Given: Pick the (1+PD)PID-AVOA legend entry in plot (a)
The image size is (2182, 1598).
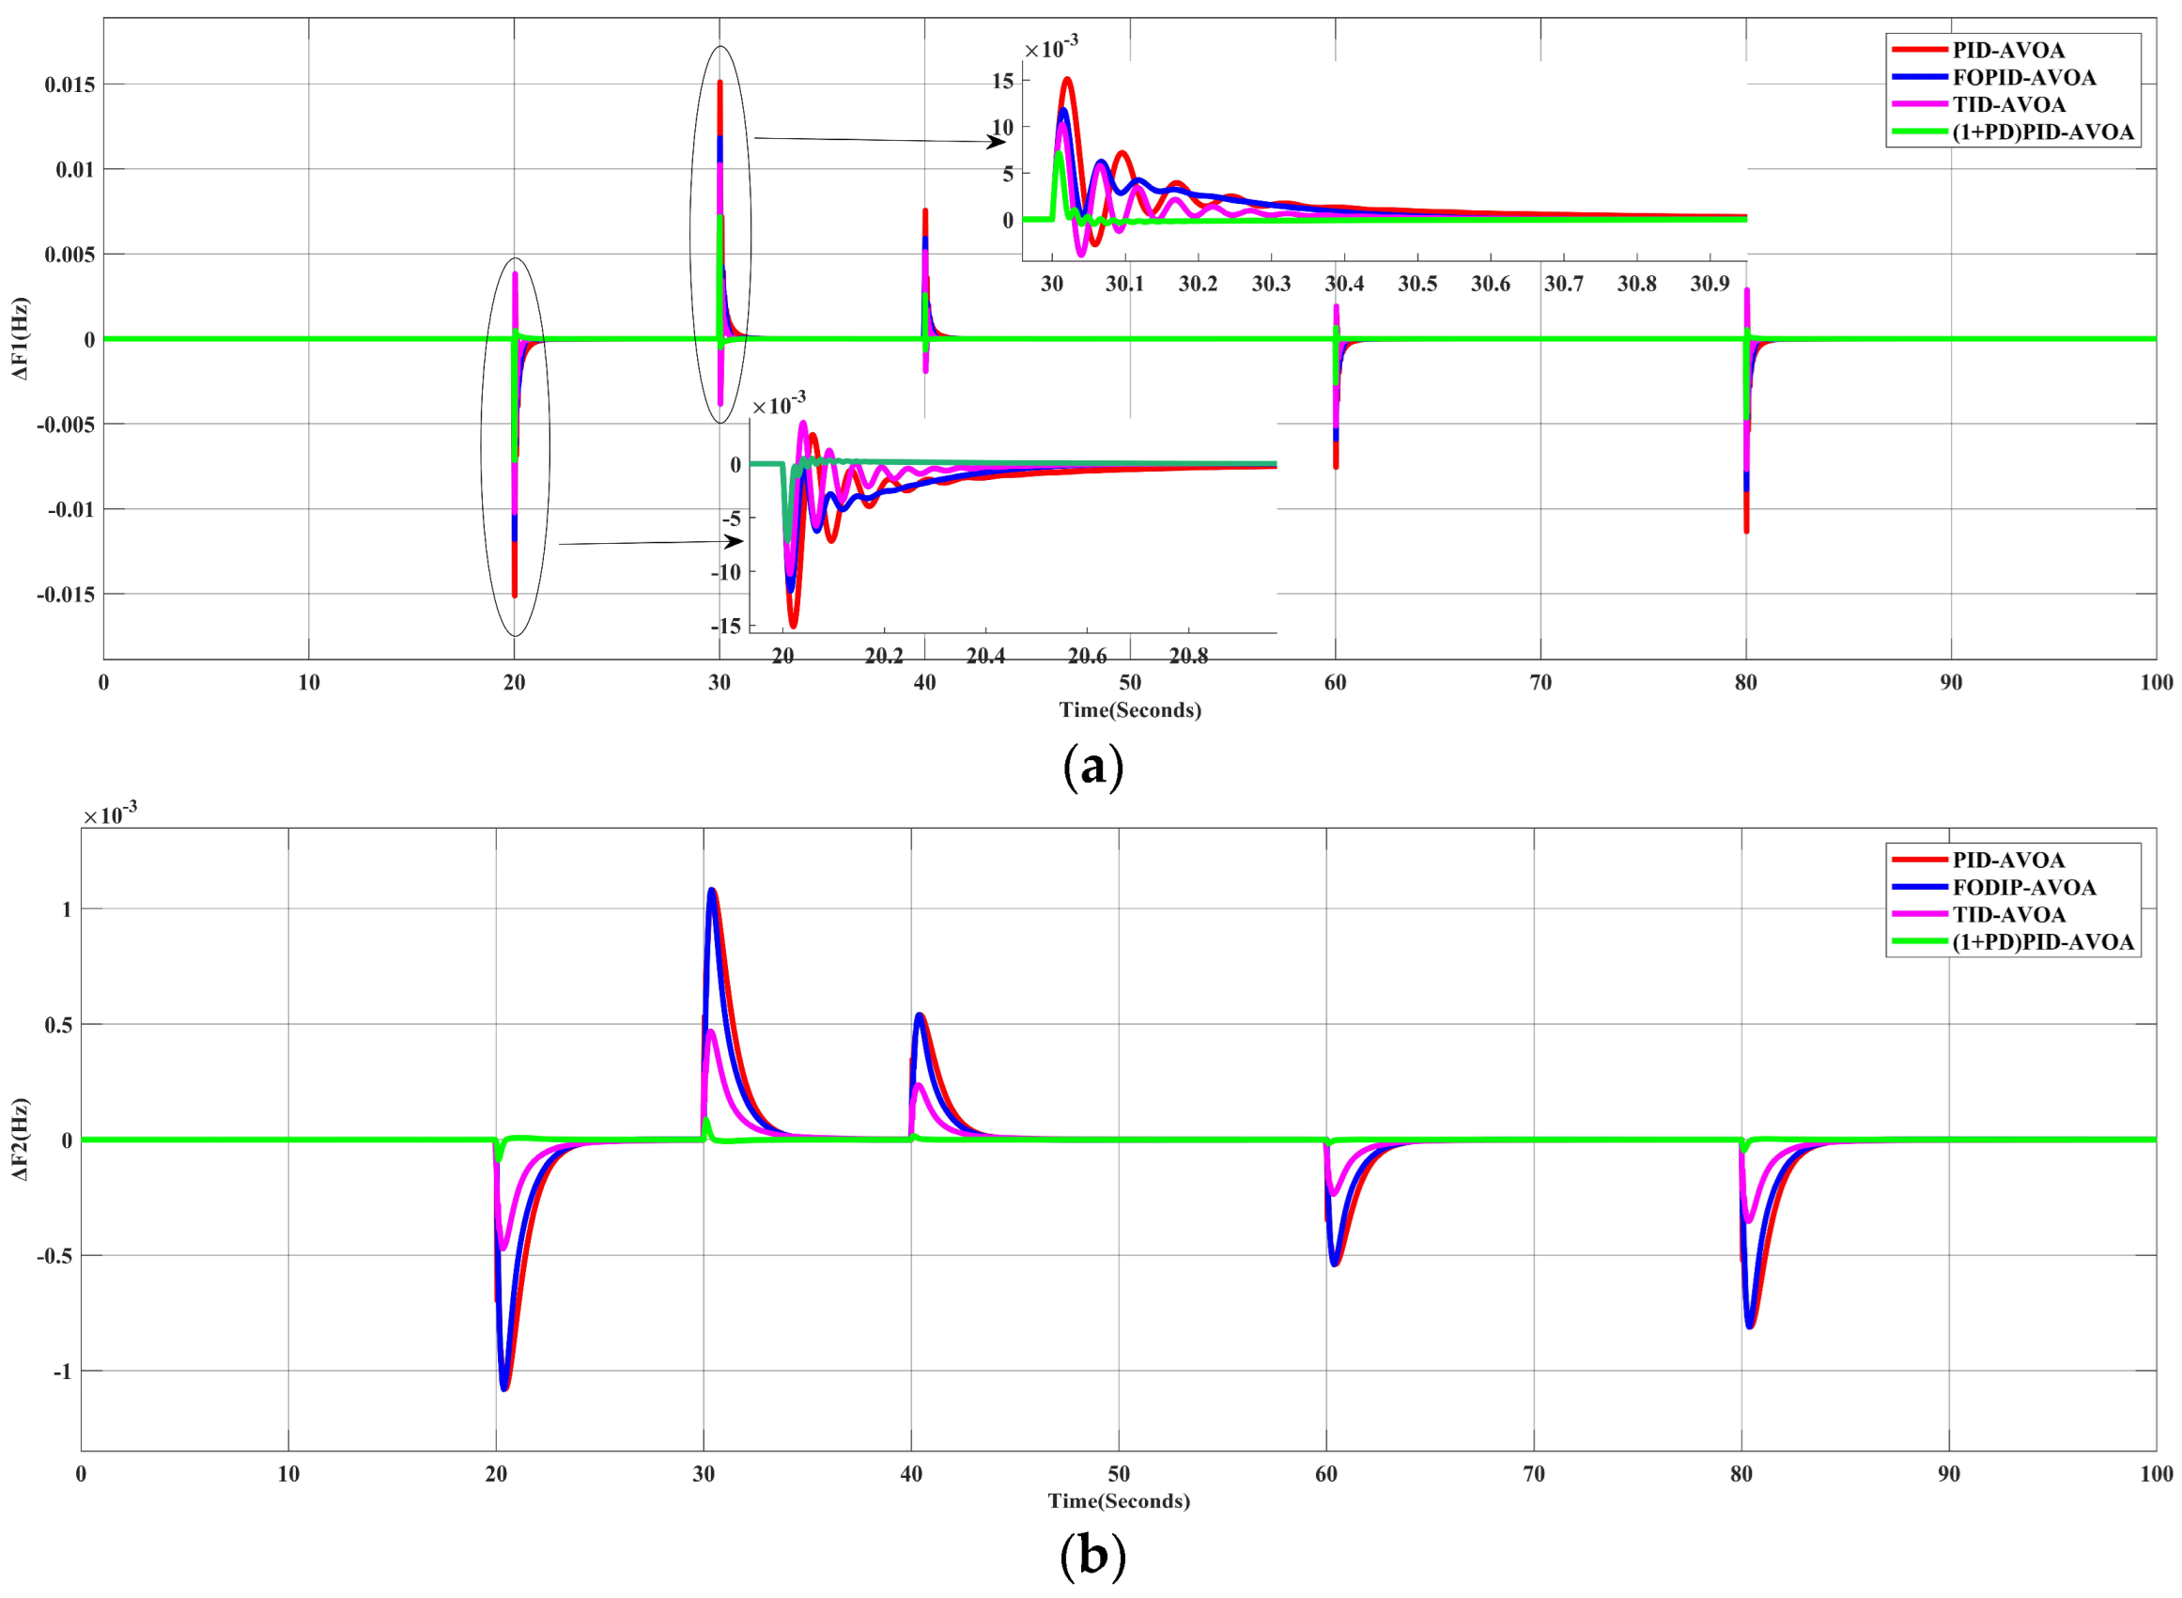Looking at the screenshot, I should pos(2041,132).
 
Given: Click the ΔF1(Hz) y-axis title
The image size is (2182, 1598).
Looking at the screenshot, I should pos(21,338).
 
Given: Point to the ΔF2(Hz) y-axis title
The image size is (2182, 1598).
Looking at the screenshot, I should pos(21,1140).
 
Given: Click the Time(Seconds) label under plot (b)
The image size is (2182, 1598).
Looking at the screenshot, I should pos(1118,1500).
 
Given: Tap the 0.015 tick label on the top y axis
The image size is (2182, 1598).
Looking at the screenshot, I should pos(70,85).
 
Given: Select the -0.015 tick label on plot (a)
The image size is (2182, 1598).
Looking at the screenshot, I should pos(66,595).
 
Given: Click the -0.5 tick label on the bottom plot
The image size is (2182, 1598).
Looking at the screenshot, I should pos(54,1255).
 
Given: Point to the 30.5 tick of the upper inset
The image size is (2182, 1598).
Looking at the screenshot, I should pos(1417,284).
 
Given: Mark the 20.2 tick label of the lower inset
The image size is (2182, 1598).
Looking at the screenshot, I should pos(883,657).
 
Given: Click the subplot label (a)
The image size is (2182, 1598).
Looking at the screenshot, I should pos(1092,768).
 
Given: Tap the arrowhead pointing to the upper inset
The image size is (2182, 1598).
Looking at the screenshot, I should pos(998,142).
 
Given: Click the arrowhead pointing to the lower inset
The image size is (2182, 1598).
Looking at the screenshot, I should pos(736,541).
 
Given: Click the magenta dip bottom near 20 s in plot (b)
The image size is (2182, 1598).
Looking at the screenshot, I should pos(502,1248).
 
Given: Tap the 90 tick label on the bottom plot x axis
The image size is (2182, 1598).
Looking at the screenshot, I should pos(1948,1473).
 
